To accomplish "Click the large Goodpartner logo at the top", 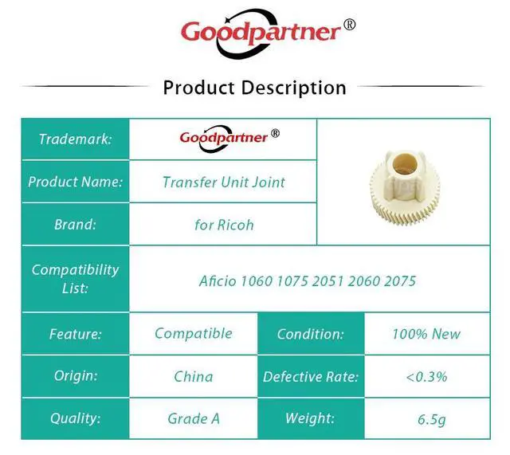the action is point(268,33).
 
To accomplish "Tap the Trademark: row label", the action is point(76,139).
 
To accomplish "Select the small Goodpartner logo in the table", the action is point(229,138).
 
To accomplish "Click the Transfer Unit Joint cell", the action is point(224,182).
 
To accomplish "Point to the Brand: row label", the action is point(76,225).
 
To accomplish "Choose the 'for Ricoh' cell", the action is point(224,225).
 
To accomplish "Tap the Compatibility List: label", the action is point(76,279).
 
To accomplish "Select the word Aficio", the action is point(218,281).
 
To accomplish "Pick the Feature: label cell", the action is point(76,334).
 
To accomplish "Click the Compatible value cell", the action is point(194,333).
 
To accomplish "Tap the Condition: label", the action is point(311,334).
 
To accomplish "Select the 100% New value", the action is point(426,334).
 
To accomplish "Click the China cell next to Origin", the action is point(194,377).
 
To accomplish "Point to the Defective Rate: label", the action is point(311,377).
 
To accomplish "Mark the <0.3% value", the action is point(426,377).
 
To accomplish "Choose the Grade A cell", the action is point(194,418).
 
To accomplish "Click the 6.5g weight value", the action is point(432,420).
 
